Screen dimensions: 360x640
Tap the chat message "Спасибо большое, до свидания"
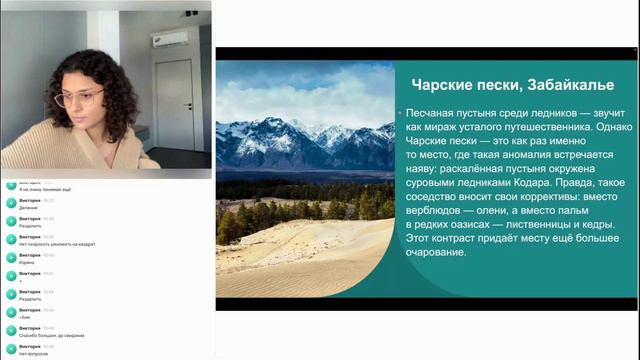(x=53, y=336)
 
